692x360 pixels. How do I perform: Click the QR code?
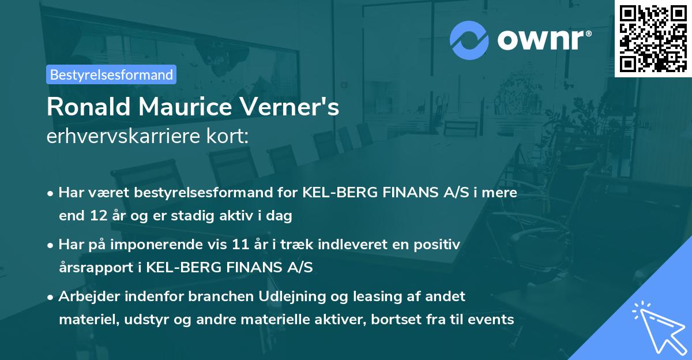(652, 39)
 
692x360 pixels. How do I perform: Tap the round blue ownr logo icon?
(469, 40)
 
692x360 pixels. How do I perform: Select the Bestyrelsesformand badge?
(111, 74)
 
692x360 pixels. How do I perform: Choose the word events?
(489, 320)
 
